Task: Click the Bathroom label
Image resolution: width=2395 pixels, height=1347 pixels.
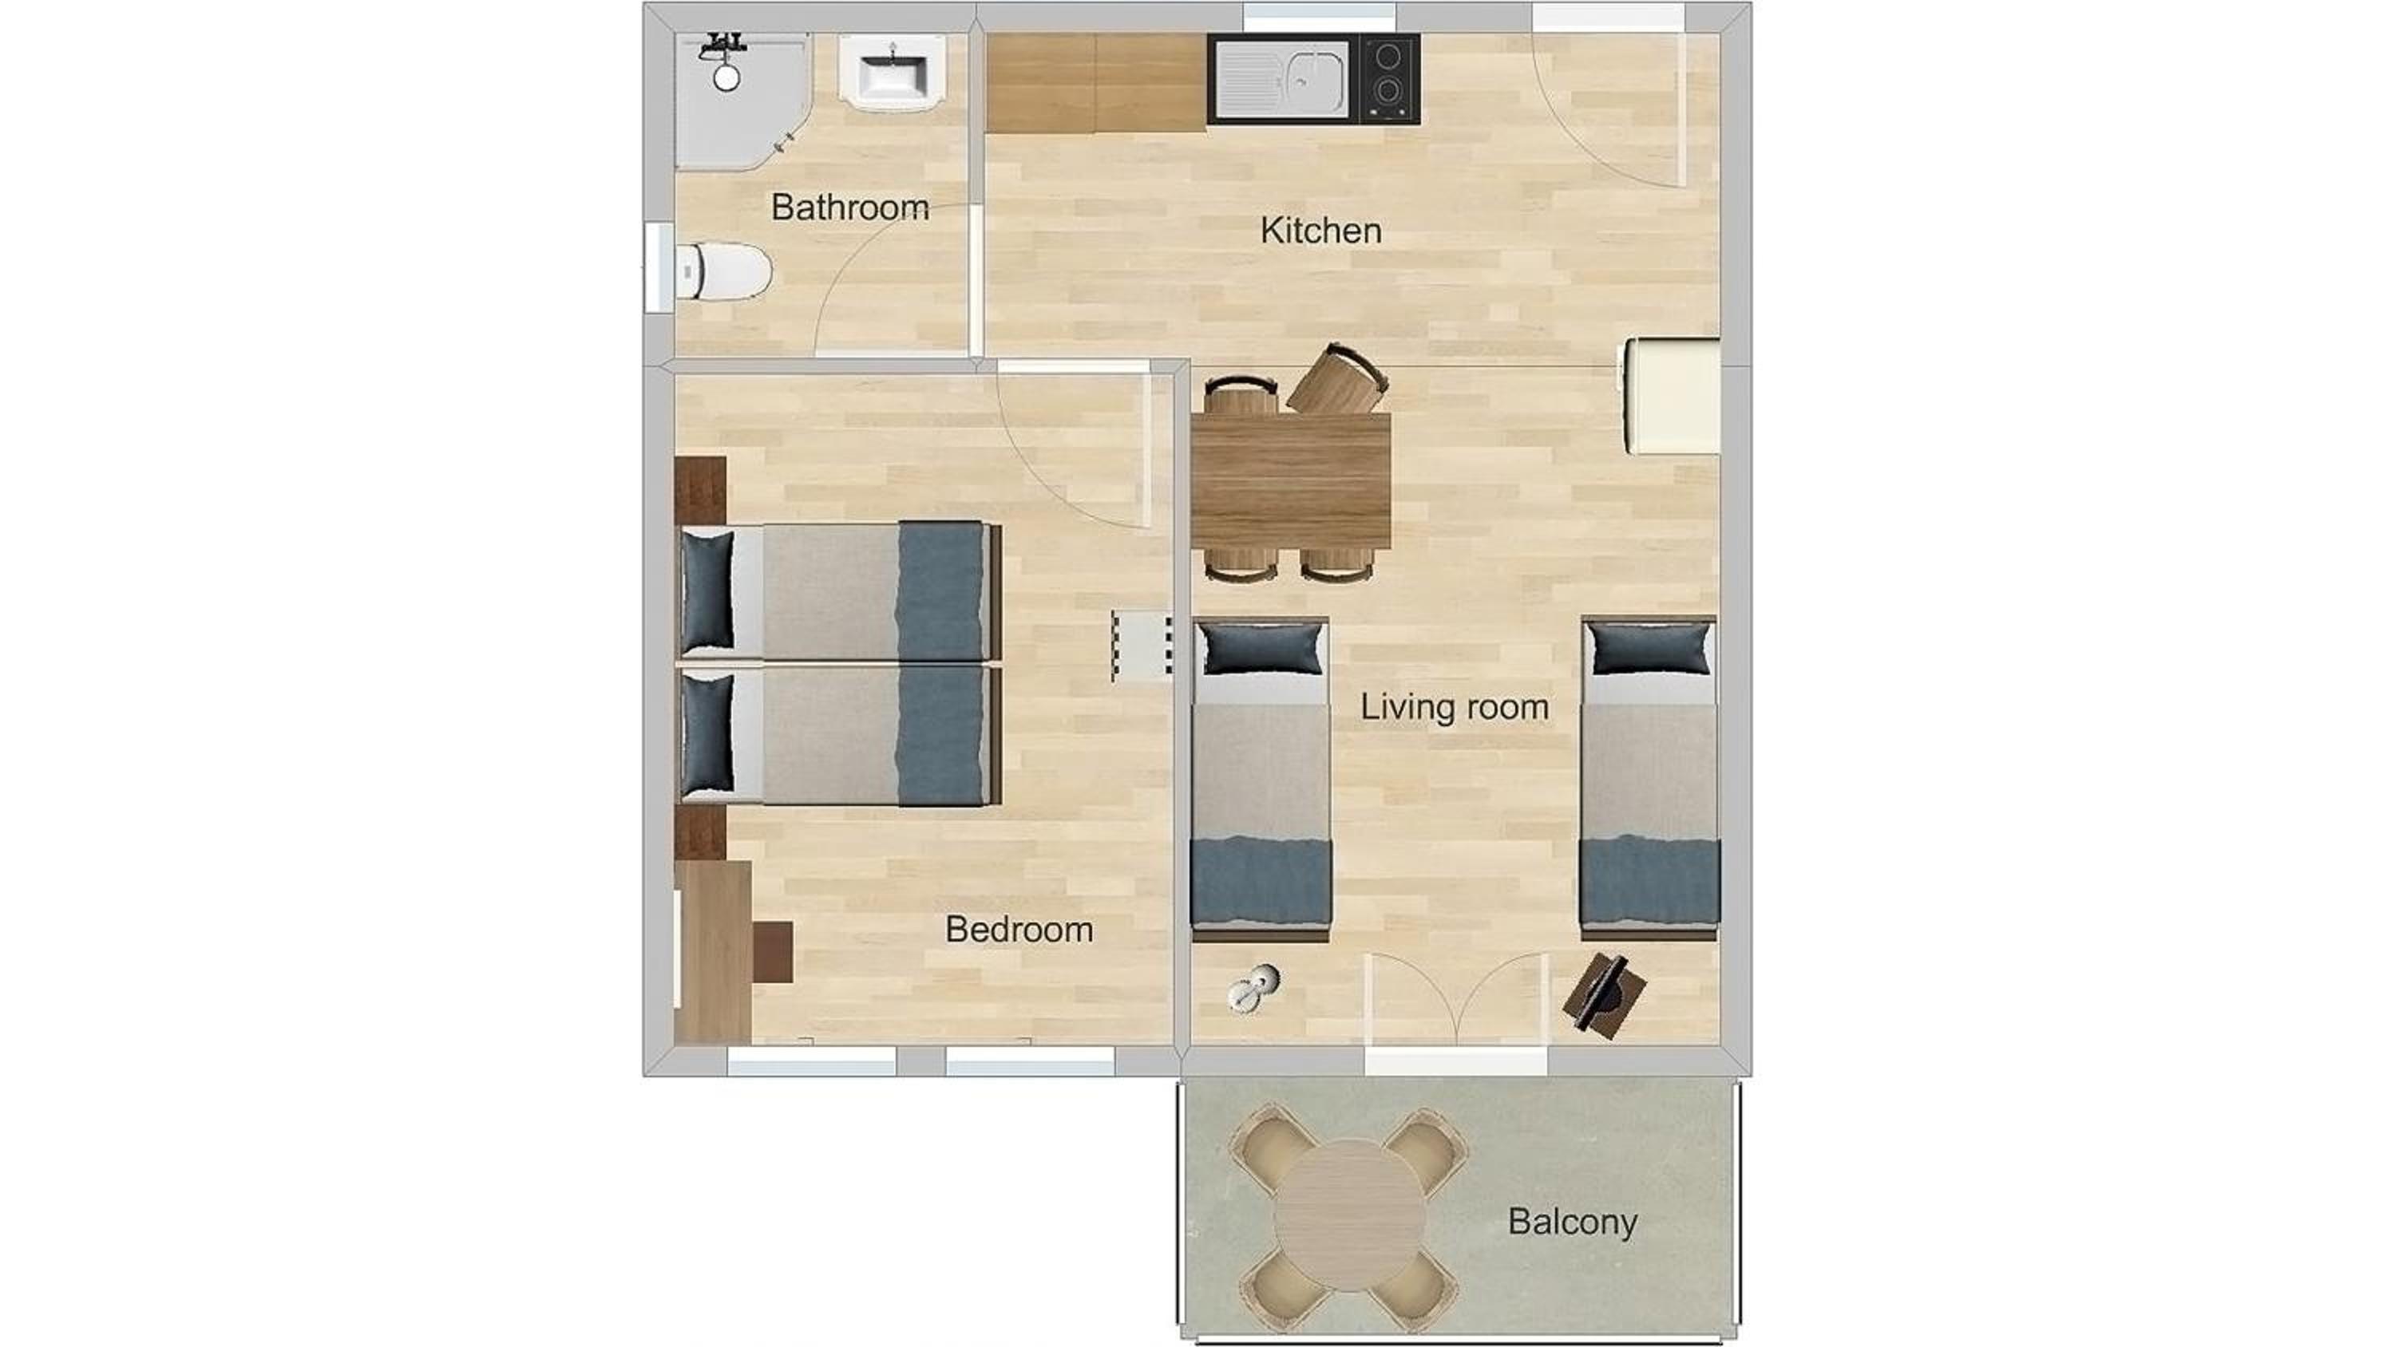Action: pos(849,207)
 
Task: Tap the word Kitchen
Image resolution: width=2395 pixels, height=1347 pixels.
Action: pos(1320,231)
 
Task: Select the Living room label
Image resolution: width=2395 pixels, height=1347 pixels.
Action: pos(1454,708)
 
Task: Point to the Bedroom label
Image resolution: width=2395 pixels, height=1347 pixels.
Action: pos(1019,930)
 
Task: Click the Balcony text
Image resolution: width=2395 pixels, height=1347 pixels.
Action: pos(1572,1222)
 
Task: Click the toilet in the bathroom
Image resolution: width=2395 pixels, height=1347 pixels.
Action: pos(722,271)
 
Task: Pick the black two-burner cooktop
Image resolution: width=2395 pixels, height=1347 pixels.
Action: pos(1389,79)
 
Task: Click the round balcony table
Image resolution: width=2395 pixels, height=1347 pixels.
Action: pos(1349,1215)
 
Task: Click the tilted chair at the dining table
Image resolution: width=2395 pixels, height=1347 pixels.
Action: pos(1338,379)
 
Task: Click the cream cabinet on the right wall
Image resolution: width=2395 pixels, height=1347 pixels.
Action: pos(1672,396)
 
